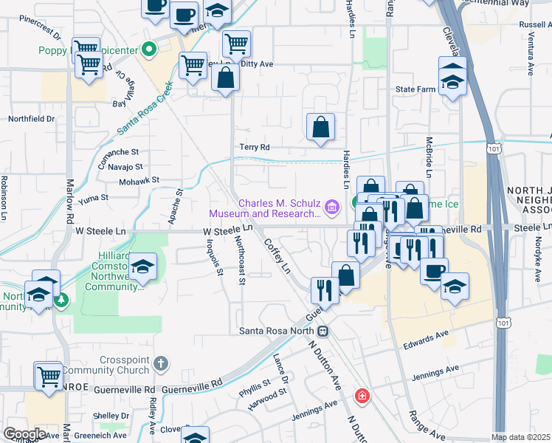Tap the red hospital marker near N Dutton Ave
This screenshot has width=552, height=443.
point(362,396)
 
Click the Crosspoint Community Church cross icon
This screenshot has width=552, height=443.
point(161,364)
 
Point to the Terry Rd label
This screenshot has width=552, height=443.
point(255,148)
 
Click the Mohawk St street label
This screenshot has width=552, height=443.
point(139,179)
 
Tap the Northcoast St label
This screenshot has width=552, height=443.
point(240,258)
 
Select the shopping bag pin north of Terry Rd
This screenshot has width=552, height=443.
point(321,127)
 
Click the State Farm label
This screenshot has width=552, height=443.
point(416,89)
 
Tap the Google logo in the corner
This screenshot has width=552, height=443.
point(24,433)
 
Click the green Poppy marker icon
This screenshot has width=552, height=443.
point(148,50)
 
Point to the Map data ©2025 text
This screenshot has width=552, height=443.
point(520,437)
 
